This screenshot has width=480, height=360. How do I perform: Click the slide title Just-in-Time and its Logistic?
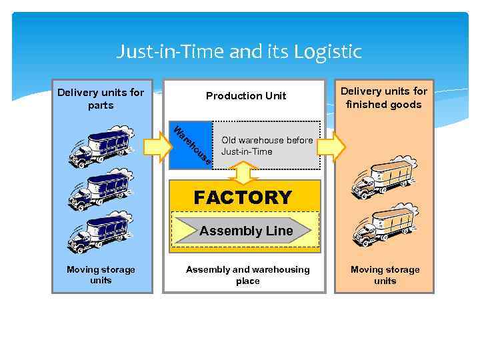coord(239,51)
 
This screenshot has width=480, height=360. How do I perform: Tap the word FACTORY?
coord(243,197)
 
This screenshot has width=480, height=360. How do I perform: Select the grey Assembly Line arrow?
coord(241,231)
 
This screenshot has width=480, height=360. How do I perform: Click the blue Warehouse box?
coord(191,145)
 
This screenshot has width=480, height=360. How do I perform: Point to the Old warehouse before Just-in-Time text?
coord(267,146)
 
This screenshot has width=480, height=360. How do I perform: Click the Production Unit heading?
coord(245,96)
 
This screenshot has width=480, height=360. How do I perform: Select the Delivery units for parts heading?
coord(101,99)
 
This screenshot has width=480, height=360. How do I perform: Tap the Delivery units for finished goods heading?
coord(384,97)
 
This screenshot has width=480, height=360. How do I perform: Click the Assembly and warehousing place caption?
coord(247,275)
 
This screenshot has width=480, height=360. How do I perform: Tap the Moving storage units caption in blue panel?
coord(101,275)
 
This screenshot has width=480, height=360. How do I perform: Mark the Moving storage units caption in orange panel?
coord(385,275)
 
